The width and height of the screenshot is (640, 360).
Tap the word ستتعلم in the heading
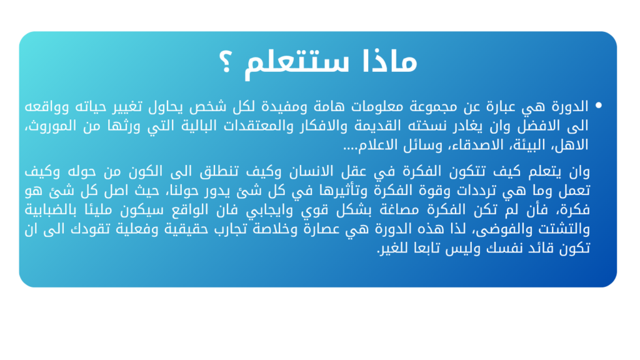(297, 63)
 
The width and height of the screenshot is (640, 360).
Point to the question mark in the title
(225, 62)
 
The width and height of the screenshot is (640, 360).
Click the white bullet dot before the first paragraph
(598, 105)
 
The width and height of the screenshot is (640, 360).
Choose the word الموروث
(52, 126)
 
